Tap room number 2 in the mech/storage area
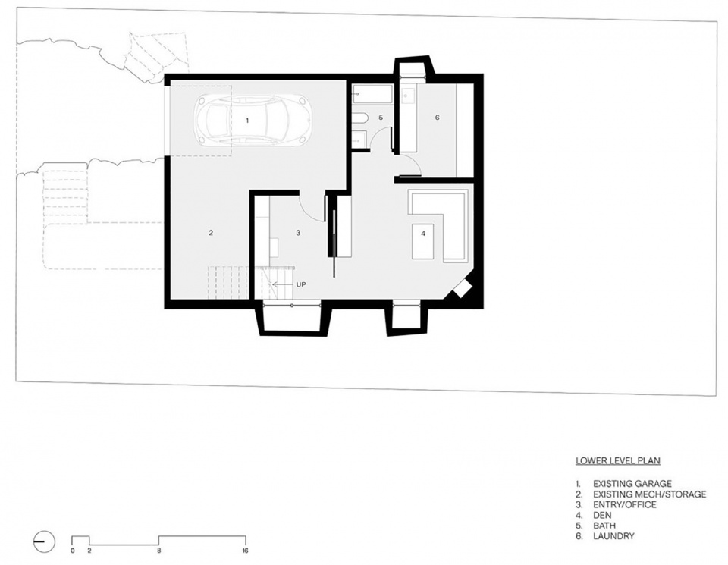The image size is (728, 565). pos(211,233)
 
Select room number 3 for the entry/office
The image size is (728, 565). pos(298,233)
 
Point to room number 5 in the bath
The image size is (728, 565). pos(381,118)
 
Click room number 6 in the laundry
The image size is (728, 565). pos(437,118)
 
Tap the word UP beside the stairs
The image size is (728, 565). pos(301,284)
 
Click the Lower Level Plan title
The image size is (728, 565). pos(618,460)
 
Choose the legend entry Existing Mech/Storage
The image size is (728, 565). pos(650,494)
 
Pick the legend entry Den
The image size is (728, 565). pos(602,515)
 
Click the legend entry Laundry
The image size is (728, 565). pos(613,536)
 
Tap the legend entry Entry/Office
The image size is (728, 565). pos(624,504)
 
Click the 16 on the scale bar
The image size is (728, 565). pos(245,551)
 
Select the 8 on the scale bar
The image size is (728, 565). pos(158,551)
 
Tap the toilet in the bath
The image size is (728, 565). pos(359,118)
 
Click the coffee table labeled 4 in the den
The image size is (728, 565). pos(423,241)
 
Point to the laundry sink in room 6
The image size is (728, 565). pos(409,96)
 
